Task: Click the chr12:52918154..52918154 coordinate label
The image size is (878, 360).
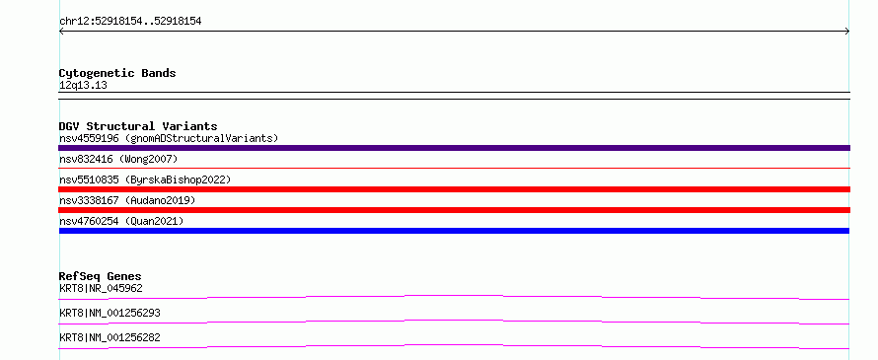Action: pyautogui.click(x=130, y=22)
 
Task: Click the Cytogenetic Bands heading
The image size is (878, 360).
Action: pyautogui.click(x=117, y=73)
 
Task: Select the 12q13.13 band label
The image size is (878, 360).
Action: pyautogui.click(x=84, y=86)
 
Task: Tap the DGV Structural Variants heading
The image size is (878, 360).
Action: pyautogui.click(x=138, y=126)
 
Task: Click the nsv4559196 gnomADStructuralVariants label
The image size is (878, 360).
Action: pyautogui.click(x=169, y=138)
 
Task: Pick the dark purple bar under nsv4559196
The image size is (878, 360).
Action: pyautogui.click(x=454, y=148)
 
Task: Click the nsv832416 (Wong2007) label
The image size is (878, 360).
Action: pyautogui.click(x=118, y=160)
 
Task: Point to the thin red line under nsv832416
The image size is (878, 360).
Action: pyautogui.click(x=454, y=168)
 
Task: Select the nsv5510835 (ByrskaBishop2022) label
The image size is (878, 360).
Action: pyautogui.click(x=145, y=180)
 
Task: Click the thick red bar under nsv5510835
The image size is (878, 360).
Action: pyautogui.click(x=454, y=189)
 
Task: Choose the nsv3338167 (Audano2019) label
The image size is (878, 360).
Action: pyautogui.click(x=127, y=200)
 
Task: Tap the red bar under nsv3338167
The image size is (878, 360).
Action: pyautogui.click(x=454, y=210)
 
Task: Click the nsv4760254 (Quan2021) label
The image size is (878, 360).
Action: pyautogui.click(x=121, y=221)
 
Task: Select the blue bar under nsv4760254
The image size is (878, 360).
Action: pyautogui.click(x=454, y=231)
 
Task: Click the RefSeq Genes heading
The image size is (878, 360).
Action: pyautogui.click(x=101, y=276)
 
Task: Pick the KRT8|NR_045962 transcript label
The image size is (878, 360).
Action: pyautogui.click(x=101, y=289)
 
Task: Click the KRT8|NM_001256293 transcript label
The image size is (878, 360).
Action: pyautogui.click(x=110, y=313)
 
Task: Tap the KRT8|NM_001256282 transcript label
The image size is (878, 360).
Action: pyautogui.click(x=110, y=337)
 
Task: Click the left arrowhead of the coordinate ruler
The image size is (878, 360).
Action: pyautogui.click(x=60, y=32)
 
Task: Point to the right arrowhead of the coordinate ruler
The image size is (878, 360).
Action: pyautogui.click(x=848, y=32)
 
